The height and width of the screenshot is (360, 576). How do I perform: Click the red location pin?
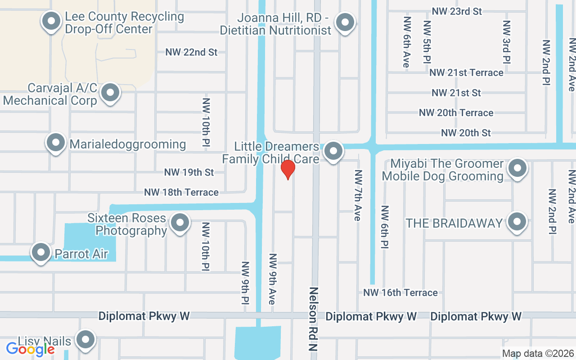(x=288, y=170)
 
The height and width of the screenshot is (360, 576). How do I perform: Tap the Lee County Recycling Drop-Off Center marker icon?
(x=51, y=21)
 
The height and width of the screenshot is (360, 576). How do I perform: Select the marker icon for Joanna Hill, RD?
(x=345, y=22)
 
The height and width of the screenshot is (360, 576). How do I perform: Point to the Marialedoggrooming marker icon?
(x=56, y=143)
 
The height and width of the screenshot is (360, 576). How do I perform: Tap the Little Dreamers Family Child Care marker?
(x=333, y=152)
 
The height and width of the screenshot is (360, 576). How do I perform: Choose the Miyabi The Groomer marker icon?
(x=517, y=169)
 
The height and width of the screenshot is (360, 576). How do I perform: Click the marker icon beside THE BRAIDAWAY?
(x=517, y=222)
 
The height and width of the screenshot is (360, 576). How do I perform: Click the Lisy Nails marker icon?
(x=85, y=340)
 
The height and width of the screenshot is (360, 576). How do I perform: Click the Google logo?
(x=30, y=349)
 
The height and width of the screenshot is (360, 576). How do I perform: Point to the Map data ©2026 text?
(x=538, y=354)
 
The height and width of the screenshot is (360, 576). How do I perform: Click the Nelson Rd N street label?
(x=314, y=319)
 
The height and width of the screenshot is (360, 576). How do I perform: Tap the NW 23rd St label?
(x=457, y=12)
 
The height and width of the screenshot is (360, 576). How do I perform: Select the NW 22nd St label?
(x=191, y=52)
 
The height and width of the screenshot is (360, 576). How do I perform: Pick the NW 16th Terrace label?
(x=400, y=293)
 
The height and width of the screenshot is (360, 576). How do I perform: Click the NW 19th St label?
(x=189, y=172)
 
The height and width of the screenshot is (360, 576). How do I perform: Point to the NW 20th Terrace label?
(x=456, y=113)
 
